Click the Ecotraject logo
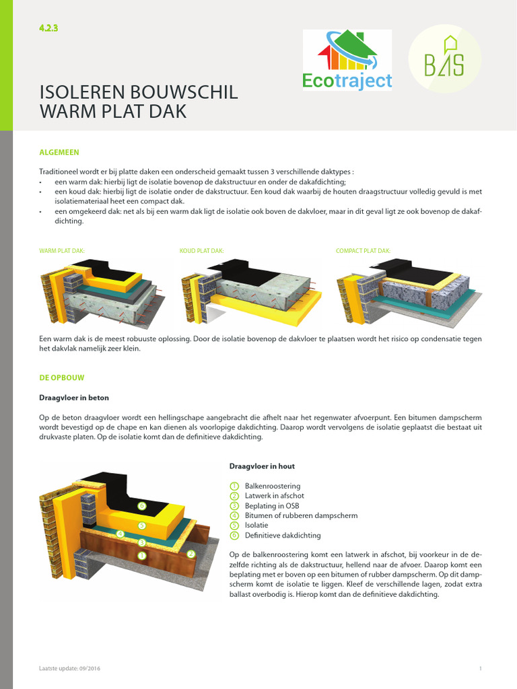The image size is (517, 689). point(347,61)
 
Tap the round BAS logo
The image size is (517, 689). point(444,61)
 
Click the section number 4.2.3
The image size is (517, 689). point(50,28)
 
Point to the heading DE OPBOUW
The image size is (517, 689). point(61,378)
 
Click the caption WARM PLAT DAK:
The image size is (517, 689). point(62,251)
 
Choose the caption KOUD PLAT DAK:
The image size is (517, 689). point(201,251)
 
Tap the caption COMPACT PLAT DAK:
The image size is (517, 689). point(363,251)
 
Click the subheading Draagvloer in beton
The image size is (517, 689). point(74,398)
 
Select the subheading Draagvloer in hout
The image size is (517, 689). point(262,466)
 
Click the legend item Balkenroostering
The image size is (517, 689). point(273,486)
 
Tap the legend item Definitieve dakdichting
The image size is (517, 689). point(283,536)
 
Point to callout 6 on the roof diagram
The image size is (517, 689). point(141,505)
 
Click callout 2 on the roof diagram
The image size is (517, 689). point(191,554)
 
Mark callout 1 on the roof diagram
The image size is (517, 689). point(141,555)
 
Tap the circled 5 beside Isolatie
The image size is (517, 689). point(234,525)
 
